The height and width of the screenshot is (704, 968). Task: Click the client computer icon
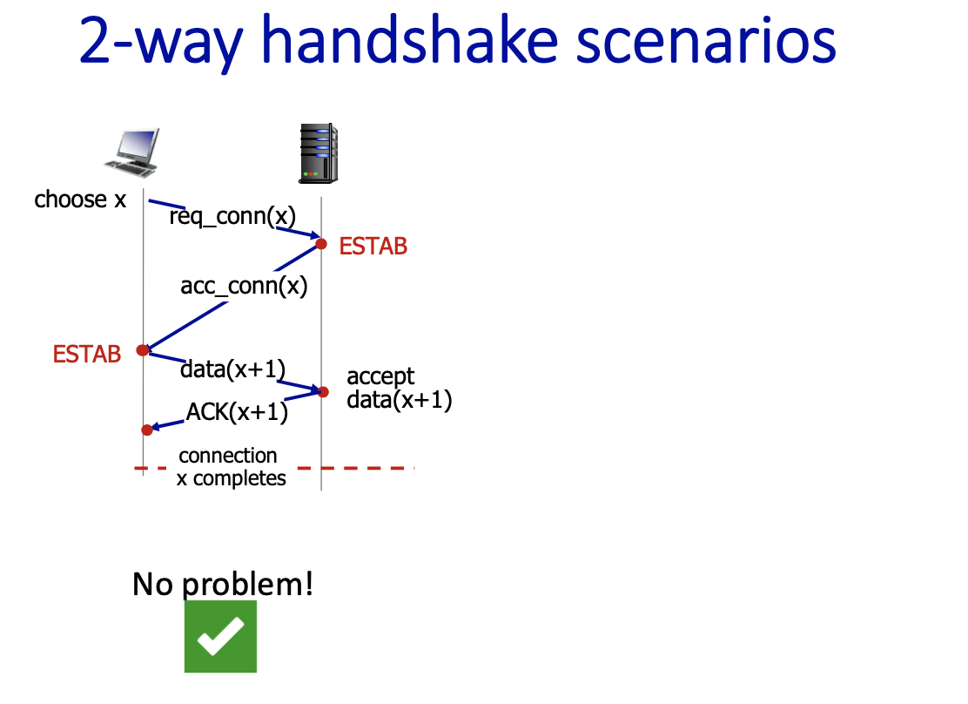132,152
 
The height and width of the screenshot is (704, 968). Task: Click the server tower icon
318,153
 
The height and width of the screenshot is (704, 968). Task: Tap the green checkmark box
220,636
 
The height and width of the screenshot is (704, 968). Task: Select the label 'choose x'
80,200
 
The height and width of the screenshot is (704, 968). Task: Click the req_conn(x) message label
232,216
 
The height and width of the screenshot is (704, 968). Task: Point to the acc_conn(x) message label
244,286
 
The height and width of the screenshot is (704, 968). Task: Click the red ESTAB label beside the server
373,246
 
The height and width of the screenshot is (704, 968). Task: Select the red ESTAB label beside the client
87,354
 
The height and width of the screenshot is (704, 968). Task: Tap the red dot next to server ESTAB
321,244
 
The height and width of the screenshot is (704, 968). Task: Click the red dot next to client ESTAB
143,350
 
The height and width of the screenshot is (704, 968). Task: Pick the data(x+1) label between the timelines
232,369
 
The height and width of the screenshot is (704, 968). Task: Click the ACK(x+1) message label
237,411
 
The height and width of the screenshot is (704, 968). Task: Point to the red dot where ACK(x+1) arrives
147,430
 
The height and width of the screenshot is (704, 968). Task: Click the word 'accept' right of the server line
380,376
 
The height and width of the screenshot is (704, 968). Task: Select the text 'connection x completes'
232,467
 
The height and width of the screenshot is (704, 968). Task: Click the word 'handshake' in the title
410,41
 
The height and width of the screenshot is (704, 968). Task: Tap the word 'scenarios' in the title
706,41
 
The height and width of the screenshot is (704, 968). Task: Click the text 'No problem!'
223,584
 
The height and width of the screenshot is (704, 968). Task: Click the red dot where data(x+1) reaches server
323,391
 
